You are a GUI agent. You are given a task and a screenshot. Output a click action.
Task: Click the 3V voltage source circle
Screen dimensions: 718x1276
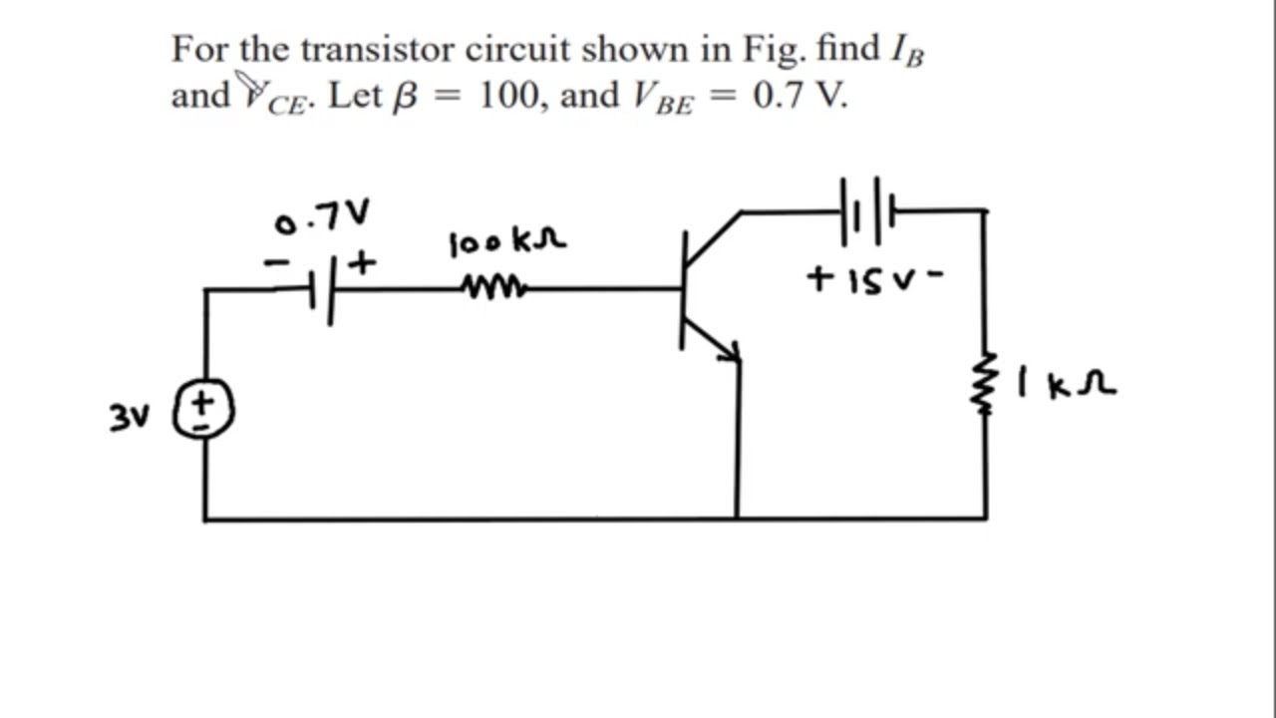point(204,410)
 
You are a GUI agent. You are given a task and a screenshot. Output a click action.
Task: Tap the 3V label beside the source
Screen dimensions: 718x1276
point(129,418)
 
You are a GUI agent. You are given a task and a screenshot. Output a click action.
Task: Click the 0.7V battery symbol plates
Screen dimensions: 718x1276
point(321,290)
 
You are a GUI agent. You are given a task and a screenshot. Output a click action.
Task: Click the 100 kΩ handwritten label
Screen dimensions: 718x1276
point(507,242)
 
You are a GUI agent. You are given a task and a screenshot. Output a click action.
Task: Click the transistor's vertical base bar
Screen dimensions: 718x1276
point(684,289)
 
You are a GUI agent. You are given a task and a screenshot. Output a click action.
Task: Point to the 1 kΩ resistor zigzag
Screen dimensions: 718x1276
point(986,384)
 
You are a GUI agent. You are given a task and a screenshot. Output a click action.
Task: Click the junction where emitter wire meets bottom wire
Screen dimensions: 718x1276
point(738,519)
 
